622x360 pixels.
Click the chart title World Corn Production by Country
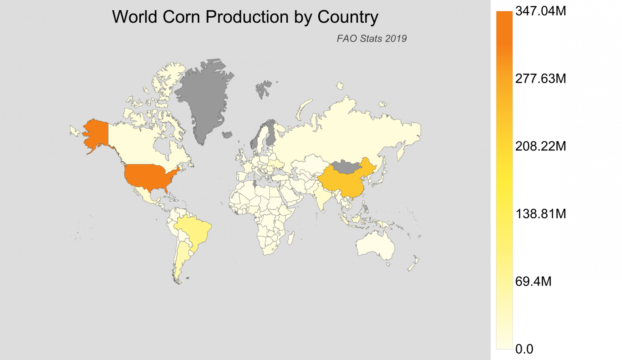[245, 17]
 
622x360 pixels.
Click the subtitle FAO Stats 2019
[371, 38]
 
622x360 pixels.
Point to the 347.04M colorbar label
[540, 11]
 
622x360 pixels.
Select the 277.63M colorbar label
[540, 79]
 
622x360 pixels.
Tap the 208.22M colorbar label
[540, 146]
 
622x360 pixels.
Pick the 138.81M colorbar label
[540, 214]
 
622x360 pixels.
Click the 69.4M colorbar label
[533, 281]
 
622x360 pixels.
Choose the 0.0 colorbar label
[524, 349]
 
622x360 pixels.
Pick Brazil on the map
[195, 231]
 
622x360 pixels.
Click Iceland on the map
[228, 134]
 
